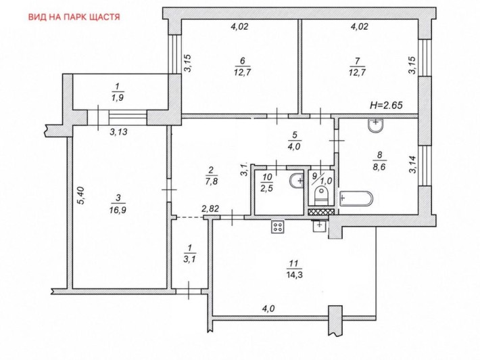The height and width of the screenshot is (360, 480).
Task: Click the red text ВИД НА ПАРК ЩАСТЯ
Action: point(74,17)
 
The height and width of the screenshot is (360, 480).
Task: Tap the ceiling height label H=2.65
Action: point(386,106)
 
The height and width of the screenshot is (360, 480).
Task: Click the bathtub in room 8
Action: point(356,198)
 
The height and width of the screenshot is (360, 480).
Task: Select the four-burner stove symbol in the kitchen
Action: point(278,227)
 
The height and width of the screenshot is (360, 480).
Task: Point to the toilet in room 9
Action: point(321,196)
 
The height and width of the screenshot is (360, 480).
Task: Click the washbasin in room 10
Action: point(296,181)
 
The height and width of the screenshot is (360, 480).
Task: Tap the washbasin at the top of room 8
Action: point(376,125)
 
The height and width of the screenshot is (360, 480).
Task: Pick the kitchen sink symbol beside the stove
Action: point(320,226)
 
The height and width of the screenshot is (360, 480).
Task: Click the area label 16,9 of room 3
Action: point(118,210)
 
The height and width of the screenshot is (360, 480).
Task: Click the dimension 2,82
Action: point(210,209)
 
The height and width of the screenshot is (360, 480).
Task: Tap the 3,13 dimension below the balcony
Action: point(118,133)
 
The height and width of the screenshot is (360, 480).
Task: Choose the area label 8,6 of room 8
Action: point(379,167)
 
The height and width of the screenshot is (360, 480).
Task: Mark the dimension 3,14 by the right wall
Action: point(413,165)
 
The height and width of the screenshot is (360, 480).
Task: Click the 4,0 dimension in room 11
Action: point(268,309)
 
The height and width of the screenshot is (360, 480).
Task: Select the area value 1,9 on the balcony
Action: point(118,98)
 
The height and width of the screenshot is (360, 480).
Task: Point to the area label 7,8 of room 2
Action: point(212,181)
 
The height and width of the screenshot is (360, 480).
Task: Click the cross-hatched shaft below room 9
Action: point(321,212)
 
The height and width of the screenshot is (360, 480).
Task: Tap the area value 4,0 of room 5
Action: point(294,146)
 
